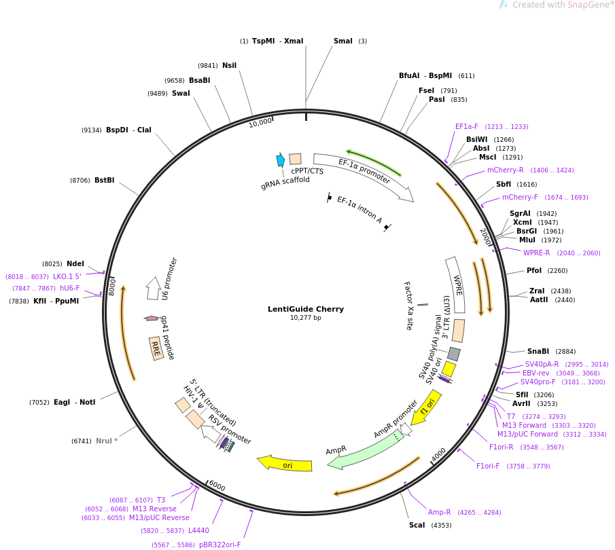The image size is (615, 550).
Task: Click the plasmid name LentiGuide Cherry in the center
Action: [x=306, y=309]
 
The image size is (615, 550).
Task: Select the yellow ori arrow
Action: [x=284, y=463]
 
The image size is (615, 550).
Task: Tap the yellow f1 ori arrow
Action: [x=426, y=407]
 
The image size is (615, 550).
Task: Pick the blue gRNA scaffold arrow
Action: [x=281, y=160]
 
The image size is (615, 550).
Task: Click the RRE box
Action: [x=156, y=348]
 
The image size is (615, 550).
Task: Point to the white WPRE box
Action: [x=456, y=285]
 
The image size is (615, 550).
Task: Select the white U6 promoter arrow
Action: [x=154, y=288]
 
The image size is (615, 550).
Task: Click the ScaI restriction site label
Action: [x=417, y=525]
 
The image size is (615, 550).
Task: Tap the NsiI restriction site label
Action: [x=230, y=65]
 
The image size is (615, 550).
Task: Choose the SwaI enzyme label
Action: [x=181, y=93]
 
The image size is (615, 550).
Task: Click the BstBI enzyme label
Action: [x=105, y=181]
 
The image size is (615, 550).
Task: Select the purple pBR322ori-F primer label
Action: [x=220, y=545]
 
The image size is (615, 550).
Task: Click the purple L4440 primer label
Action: [x=198, y=530]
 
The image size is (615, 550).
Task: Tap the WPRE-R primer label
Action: [x=537, y=253]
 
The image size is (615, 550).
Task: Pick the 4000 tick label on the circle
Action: [x=438, y=455]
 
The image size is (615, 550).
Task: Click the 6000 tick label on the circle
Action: [x=217, y=485]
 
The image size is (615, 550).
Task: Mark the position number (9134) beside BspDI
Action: [x=91, y=130]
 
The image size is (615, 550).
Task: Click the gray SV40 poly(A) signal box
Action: [x=454, y=354]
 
